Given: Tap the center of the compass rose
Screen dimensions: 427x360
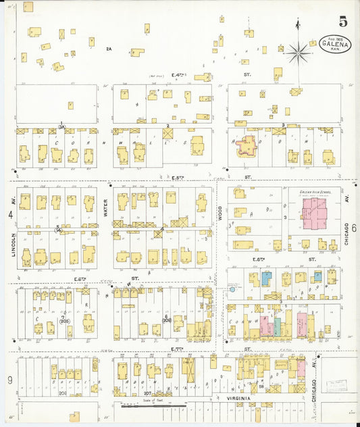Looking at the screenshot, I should pyautogui.click(x=297, y=51).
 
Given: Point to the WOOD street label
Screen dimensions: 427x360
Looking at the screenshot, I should pyautogui.click(x=220, y=214).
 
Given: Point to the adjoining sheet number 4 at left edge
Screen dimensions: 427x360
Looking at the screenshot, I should pyautogui.click(x=10, y=214).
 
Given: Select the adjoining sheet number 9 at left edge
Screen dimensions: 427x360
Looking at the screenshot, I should pyautogui.click(x=9, y=380).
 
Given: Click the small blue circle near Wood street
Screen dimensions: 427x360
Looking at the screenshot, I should pyautogui.click(x=232, y=289).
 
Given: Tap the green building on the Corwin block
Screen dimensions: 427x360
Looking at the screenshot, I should pyautogui.click(x=277, y=326).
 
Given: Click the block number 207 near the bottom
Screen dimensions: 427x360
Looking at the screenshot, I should pyautogui.click(x=148, y=392).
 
